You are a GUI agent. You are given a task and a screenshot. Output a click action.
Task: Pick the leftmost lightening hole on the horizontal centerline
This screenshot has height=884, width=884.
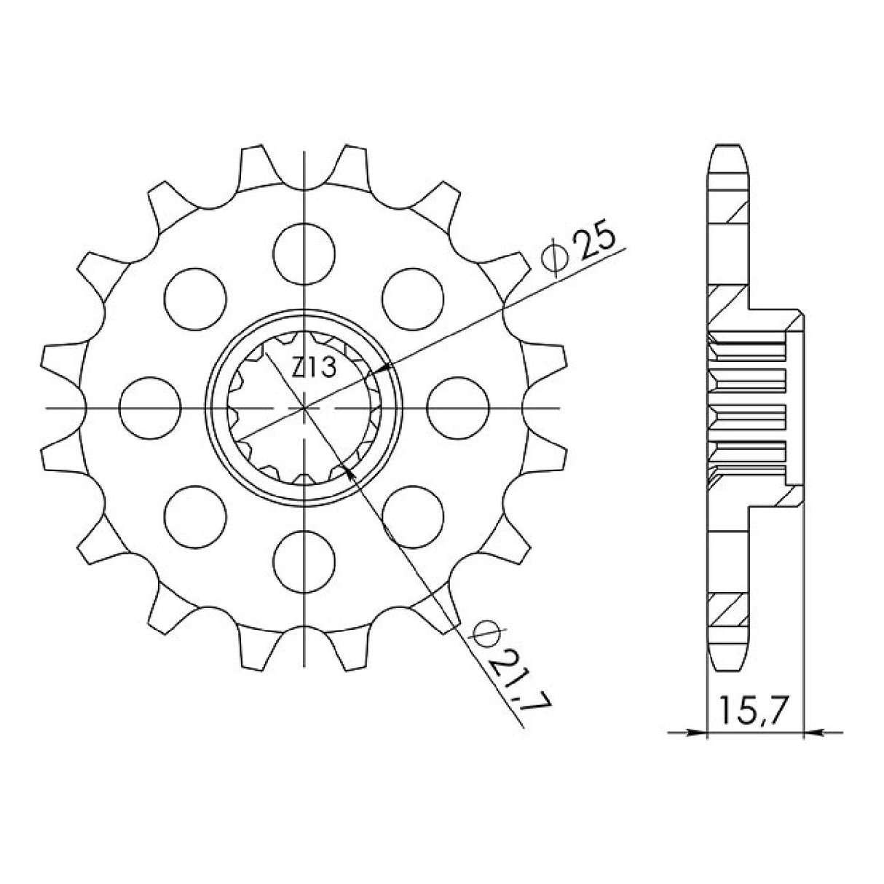150,407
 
